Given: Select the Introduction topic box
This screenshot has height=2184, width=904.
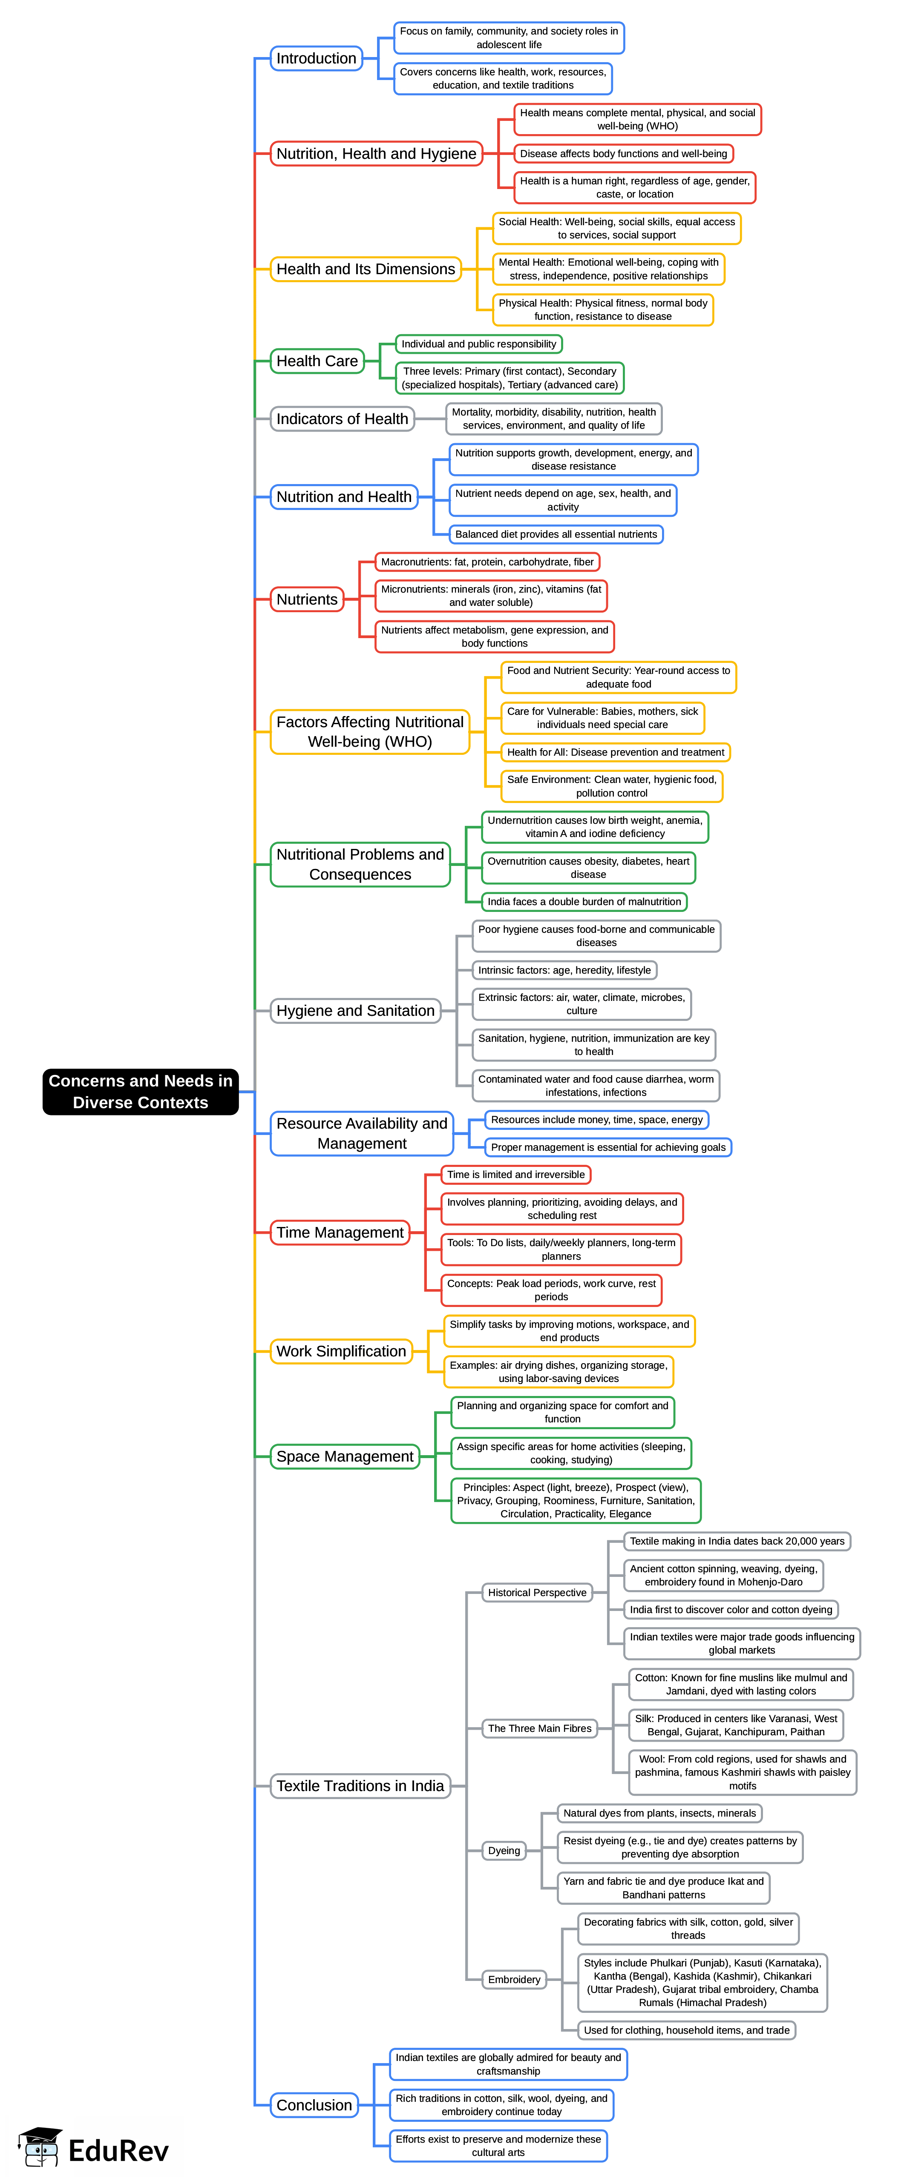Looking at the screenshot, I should [x=317, y=58].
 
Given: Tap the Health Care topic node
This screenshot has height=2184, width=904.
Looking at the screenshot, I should [x=317, y=361].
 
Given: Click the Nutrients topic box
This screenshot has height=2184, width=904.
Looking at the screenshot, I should [x=307, y=599].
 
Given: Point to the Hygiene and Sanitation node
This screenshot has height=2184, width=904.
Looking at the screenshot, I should [x=355, y=1011].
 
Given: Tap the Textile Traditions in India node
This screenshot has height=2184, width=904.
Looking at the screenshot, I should [x=360, y=1786].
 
